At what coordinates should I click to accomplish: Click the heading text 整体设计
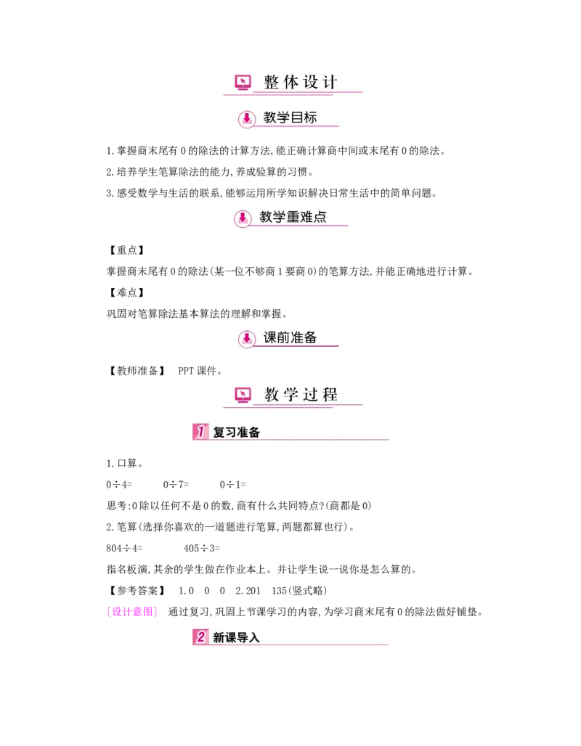301,82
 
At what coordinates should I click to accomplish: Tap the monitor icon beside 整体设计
243,83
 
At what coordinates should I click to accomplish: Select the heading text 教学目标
290,118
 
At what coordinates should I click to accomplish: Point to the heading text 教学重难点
293,216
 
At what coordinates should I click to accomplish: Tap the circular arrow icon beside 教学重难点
243,218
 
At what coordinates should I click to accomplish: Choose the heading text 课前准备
290,337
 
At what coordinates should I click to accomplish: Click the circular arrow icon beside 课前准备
247,339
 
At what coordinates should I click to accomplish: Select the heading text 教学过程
301,395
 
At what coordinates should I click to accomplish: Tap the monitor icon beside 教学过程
243,395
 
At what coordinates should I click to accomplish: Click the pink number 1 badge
200,432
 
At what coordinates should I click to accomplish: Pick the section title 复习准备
236,433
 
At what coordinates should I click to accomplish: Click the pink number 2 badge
200,637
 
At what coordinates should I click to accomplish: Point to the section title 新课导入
236,638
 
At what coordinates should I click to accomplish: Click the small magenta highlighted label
131,612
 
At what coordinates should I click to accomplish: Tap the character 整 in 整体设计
272,82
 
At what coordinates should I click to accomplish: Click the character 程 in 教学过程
330,395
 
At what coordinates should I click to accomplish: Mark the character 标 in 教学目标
310,118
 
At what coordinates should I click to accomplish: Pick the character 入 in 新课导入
253,638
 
